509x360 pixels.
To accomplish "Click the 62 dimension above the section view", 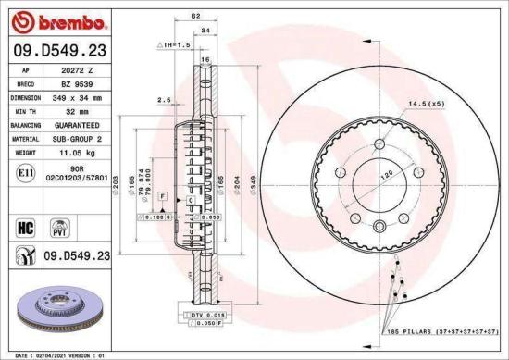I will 195,17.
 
